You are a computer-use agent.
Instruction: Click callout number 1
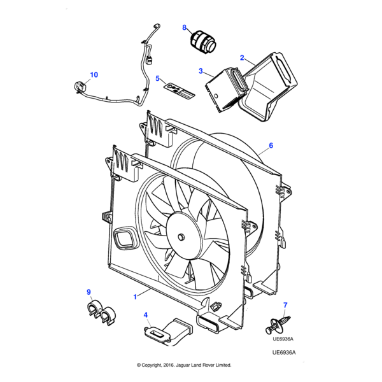coord(135,297)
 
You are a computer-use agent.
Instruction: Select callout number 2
coord(242,58)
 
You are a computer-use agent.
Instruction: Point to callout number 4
coord(146,315)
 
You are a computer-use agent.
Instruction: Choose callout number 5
coord(157,78)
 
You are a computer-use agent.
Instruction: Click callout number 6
coord(271,145)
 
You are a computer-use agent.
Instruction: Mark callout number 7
coord(285,306)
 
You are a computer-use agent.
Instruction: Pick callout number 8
coord(185,28)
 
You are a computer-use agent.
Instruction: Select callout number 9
coord(89,292)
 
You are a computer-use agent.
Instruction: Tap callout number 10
coord(94,75)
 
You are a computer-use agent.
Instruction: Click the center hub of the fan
coord(180,237)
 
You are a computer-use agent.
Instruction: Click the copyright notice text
coord(184,365)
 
